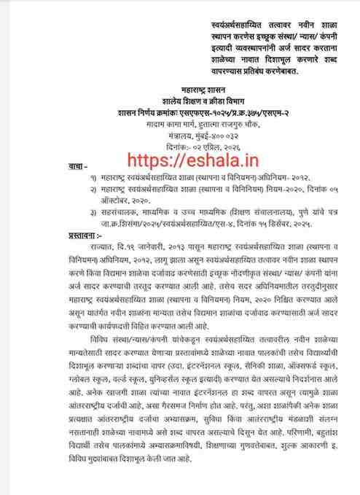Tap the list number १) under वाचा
[93, 178]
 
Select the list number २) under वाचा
[93, 189]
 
